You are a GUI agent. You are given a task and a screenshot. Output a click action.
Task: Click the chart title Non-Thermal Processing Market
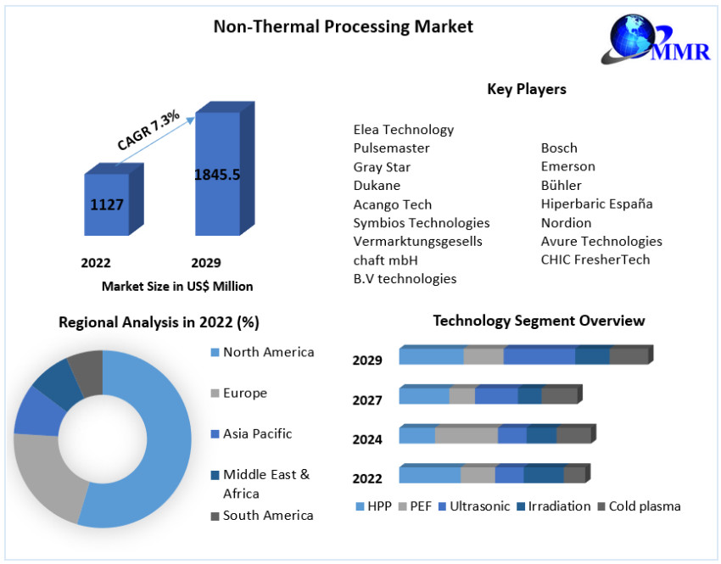pos(343,26)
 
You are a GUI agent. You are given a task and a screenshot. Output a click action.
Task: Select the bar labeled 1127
pos(107,204)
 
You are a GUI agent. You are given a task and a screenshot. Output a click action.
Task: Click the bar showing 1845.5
pos(217,175)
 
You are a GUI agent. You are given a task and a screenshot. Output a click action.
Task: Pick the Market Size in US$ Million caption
pos(177,287)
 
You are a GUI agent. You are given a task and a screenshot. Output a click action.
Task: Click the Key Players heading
pos(526,89)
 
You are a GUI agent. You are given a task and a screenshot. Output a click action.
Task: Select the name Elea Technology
pos(403,130)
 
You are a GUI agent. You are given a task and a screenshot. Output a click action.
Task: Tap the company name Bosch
pos(559,148)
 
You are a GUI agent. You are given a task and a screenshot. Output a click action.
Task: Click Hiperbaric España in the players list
pos(596,204)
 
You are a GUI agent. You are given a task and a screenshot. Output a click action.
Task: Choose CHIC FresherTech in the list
pos(595,260)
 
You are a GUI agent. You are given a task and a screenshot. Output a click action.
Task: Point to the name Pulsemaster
pos(391,148)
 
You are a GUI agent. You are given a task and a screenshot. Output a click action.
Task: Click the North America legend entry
pos(267,352)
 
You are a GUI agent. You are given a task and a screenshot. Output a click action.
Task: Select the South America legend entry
pos(267,515)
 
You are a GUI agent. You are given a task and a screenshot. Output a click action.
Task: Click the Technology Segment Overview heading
pos(539,321)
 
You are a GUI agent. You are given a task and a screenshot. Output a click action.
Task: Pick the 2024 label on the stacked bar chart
pos(367,439)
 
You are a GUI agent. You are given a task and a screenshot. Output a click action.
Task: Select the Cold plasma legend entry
pos(644,506)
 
